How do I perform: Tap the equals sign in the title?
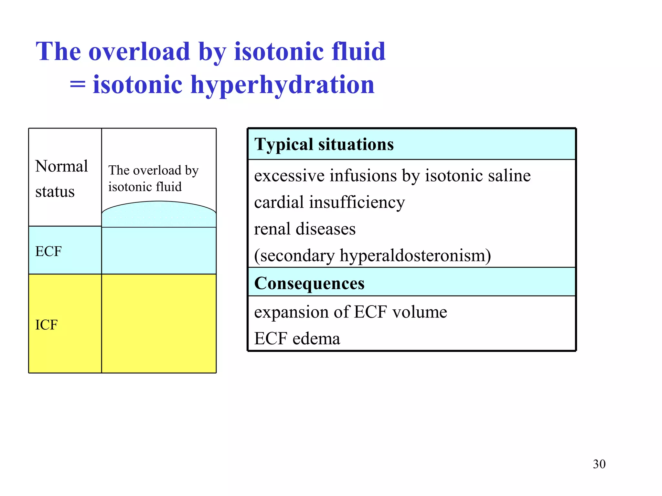point(78,85)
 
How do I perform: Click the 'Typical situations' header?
point(324,144)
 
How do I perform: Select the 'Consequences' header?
point(309,283)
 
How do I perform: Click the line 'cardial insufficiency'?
point(329,202)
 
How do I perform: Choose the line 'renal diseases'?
point(304,229)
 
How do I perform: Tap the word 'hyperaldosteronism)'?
point(415,255)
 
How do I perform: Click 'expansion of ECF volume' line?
point(350,312)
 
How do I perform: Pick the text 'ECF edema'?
point(297,338)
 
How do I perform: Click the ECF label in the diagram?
point(48,251)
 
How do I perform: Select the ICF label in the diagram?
point(46,325)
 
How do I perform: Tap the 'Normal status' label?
point(61,179)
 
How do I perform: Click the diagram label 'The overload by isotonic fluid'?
point(153,178)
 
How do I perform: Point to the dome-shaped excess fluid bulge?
point(159,214)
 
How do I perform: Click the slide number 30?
point(599,464)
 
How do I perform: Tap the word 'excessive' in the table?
point(289,176)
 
